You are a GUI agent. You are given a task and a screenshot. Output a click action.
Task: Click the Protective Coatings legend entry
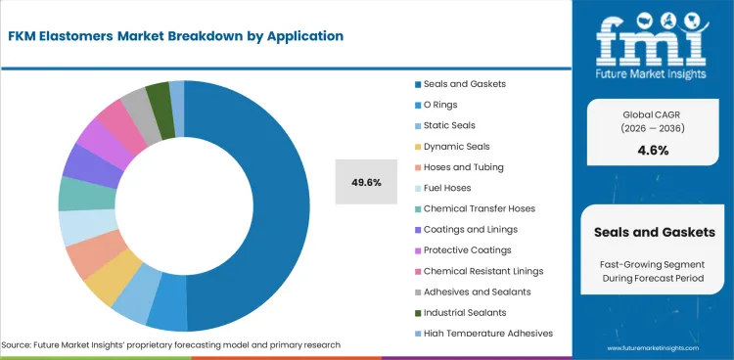pos(470,250)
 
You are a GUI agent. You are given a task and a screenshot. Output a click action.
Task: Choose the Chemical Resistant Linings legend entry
pos(483,271)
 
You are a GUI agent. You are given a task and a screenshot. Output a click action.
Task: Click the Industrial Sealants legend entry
pos(465,313)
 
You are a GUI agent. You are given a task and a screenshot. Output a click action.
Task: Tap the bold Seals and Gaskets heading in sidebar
pos(654,232)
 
